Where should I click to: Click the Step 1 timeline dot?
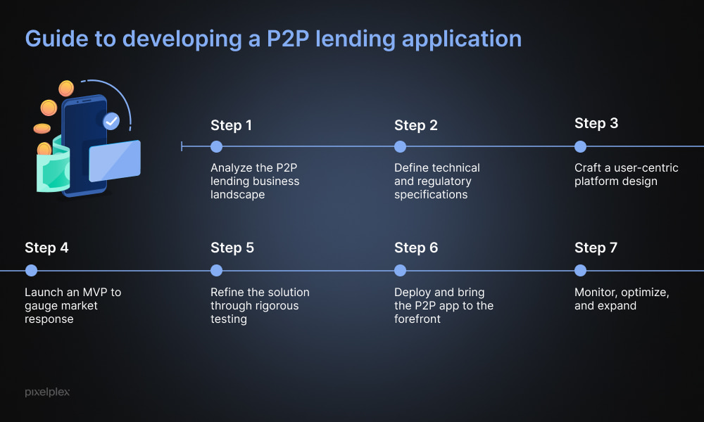point(216,147)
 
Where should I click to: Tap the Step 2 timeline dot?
point(400,147)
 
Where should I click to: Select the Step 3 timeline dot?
point(581,147)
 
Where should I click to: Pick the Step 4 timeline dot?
point(31,270)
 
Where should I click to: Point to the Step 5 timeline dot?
point(216,270)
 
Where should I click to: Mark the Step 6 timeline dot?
point(400,270)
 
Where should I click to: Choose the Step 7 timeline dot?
point(581,270)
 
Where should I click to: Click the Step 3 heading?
point(596,123)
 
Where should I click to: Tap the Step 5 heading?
point(232,248)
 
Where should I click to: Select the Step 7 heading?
point(596,248)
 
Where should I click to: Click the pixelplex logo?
point(47,392)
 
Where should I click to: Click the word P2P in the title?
point(288,39)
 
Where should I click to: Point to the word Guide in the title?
point(56,39)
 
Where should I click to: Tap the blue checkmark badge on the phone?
point(111,121)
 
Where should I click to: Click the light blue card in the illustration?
point(115,161)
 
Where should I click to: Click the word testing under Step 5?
point(229,319)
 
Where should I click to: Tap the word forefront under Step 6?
point(417,319)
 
